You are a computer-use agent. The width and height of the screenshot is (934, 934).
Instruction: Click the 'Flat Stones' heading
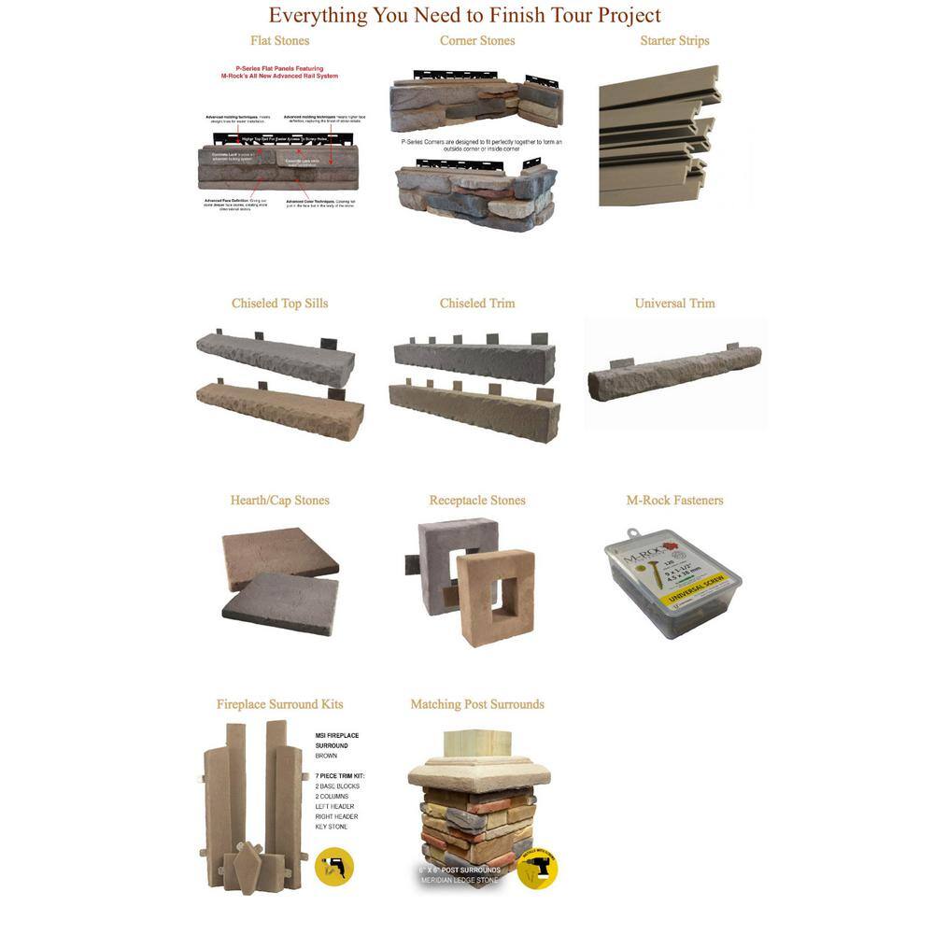[x=279, y=41]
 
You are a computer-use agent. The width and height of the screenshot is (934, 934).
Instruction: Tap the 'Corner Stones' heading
[x=477, y=41]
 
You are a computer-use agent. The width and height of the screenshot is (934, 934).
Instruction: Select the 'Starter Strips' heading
[x=674, y=41]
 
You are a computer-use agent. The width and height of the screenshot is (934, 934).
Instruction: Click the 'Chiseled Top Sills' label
[x=279, y=304]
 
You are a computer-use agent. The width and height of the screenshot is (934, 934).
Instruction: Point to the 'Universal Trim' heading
[x=674, y=304]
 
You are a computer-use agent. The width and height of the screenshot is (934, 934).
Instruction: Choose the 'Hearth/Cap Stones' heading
[x=279, y=501]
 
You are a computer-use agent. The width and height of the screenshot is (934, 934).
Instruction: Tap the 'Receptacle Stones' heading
[x=477, y=501]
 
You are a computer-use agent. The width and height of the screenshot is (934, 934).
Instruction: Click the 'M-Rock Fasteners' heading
[x=674, y=501]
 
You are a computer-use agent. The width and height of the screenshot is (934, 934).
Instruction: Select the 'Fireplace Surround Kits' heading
[x=279, y=704]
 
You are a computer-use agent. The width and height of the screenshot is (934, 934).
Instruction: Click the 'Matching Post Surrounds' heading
[x=477, y=704]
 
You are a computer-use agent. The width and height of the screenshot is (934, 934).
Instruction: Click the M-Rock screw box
[x=672, y=584]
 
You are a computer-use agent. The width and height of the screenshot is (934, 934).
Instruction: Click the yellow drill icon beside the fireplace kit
[x=334, y=866]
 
